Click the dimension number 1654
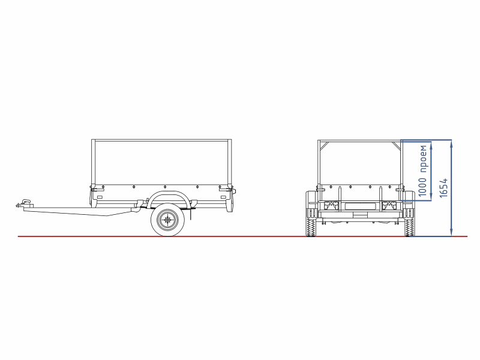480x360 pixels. tap(443, 188)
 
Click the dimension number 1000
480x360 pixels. tap(422, 187)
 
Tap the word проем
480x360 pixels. tap(423, 159)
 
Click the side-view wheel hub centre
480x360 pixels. tap(167, 219)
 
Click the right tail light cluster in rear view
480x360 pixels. tap(388, 205)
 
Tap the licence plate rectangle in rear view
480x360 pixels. tap(359, 205)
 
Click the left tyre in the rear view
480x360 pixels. tap(311, 214)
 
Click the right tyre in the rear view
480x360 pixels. tap(409, 214)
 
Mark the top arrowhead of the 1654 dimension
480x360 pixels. tap(451, 143)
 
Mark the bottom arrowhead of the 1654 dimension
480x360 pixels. tap(451, 233)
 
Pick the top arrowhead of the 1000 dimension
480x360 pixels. tap(431, 145)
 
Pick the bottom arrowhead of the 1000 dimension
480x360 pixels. tap(431, 197)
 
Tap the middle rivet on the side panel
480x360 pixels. tap(164, 187)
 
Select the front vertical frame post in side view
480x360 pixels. tap(94, 164)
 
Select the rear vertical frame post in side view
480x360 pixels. tap(230, 164)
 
